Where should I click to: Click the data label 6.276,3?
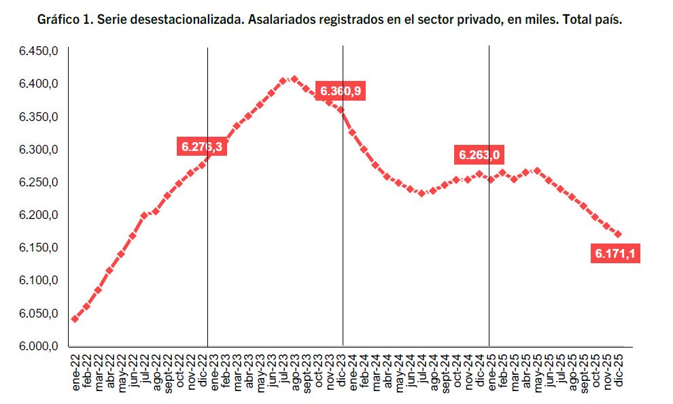point(202,146)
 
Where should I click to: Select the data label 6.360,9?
point(341,91)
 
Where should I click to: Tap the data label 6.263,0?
point(479,155)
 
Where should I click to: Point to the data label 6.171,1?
point(617,254)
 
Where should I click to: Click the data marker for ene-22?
point(75,319)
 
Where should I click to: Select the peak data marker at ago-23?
point(294,79)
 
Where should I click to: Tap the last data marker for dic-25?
point(618,234)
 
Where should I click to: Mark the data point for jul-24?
point(421,193)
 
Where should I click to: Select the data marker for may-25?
point(537,171)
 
